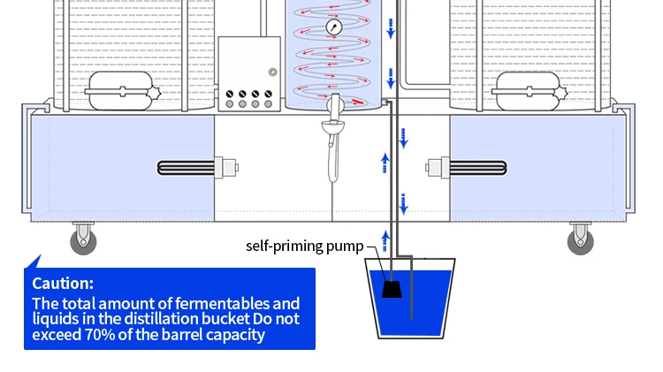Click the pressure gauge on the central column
335,27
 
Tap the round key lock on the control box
273,72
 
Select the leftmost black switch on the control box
230,92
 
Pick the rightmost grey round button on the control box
268,104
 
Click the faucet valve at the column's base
333,110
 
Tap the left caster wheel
84,239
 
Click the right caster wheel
580,239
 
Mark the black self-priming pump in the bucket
391,287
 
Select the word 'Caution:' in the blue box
62,284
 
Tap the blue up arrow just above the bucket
385,237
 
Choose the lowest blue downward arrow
404,208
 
